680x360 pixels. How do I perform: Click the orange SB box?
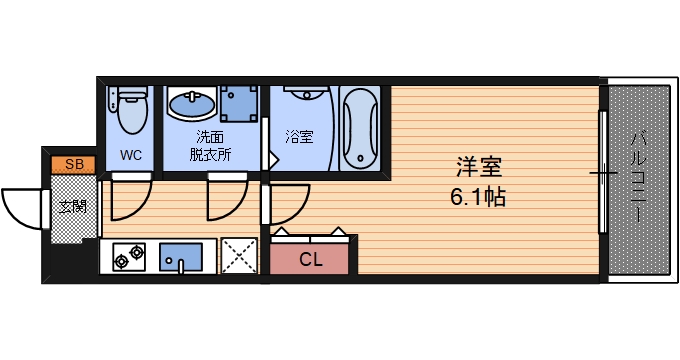pos(73,164)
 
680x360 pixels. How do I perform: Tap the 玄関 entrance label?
pos(72,208)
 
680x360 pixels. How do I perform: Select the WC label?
pos(130,155)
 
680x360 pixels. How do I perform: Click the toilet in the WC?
pos(130,110)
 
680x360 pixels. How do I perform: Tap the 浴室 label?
pos(298,135)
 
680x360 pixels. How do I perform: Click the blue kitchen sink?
pos(180,258)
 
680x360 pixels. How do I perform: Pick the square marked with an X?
pos(240,256)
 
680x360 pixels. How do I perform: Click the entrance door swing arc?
pos(22,208)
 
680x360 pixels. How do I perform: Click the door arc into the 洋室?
pos(285,208)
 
